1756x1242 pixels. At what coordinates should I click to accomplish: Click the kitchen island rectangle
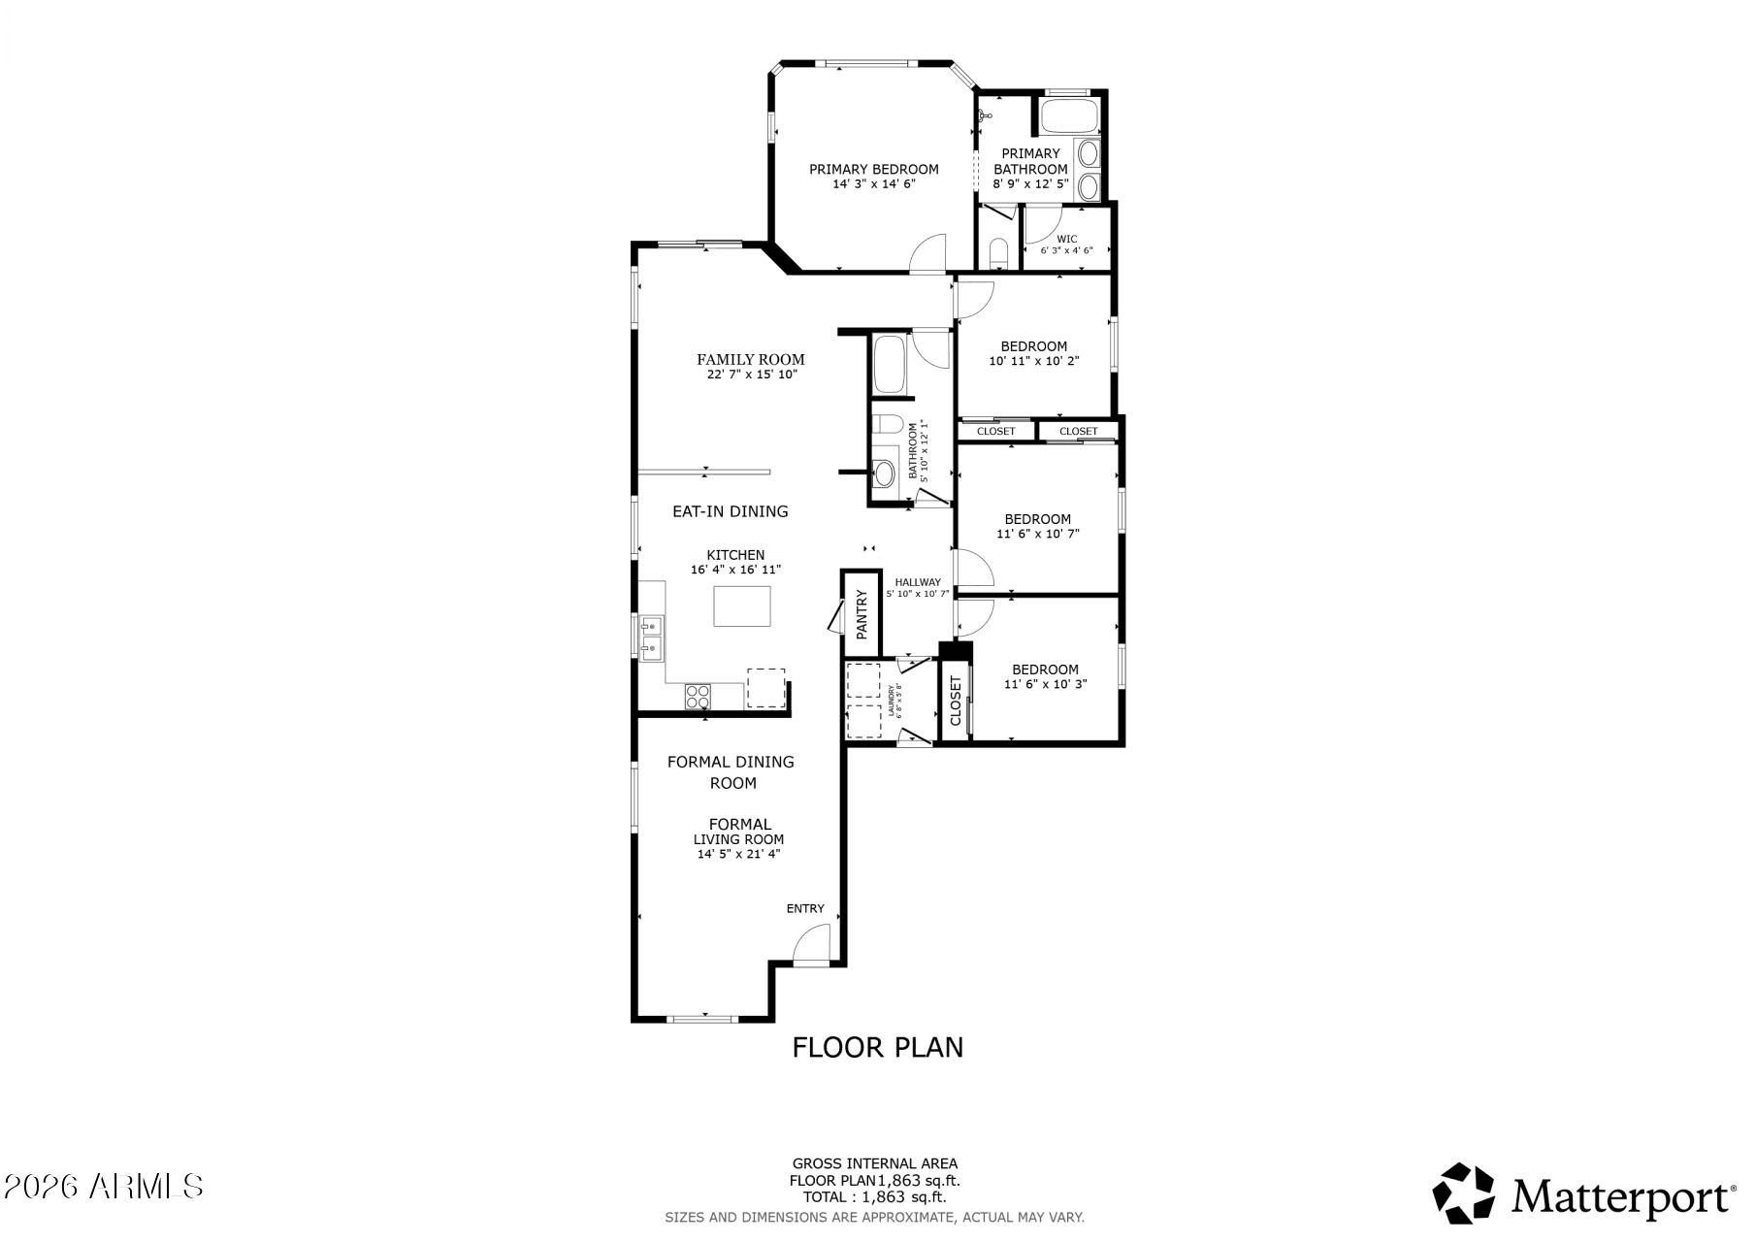point(742,606)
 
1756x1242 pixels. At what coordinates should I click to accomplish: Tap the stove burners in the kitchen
point(698,695)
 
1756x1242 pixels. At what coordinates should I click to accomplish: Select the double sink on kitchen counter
point(651,637)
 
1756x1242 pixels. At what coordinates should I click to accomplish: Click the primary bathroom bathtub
point(1069,117)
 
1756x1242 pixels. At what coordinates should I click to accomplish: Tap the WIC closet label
point(1066,239)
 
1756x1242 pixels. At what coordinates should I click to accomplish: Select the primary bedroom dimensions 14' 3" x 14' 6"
point(873,183)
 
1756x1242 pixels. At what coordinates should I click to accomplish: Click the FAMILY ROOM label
point(750,359)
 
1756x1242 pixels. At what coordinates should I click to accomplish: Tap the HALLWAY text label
point(917,582)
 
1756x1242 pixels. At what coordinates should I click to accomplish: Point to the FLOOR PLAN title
point(877,1048)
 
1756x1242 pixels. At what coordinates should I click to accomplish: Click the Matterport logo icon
point(1464,1193)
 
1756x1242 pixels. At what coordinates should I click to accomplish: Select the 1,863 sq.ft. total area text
point(903,1197)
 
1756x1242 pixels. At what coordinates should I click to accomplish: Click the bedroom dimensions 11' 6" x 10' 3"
point(1045,684)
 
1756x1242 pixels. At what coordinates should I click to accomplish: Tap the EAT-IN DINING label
point(731,511)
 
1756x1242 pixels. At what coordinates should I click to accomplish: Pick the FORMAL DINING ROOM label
point(731,772)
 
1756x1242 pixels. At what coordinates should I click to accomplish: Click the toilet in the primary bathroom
point(998,254)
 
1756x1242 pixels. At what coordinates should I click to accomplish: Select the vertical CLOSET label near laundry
point(956,701)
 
